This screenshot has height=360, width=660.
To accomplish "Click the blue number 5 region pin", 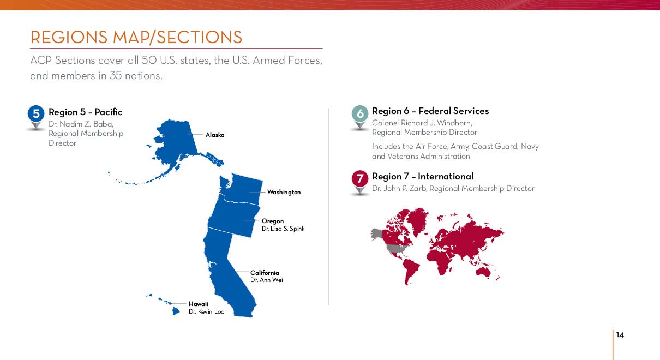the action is tap(36, 117).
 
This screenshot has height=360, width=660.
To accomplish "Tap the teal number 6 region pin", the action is tap(360, 117).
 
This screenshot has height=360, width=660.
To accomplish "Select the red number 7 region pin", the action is tap(360, 182).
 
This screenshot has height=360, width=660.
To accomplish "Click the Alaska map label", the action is tap(215, 135).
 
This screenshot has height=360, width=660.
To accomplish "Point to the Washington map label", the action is tap(284, 192).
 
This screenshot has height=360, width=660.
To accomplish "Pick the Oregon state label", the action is tap(273, 221).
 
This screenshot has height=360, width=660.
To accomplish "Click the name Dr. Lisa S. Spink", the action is tap(283, 229).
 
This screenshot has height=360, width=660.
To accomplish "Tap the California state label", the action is tap(265, 273).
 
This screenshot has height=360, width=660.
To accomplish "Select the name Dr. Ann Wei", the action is tap(266, 280).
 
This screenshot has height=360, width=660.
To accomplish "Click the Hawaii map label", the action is tap(199, 304).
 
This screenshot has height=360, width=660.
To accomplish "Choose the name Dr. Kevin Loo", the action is tap(206, 311).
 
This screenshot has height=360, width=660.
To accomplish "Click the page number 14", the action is tap(620, 335).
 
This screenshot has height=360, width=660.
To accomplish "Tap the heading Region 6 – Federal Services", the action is tap(430, 111).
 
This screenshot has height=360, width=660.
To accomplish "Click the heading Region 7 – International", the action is tap(423, 177).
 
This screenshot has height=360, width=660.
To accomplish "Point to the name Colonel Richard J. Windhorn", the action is tap(422, 123).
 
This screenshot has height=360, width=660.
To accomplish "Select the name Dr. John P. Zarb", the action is tap(399, 188).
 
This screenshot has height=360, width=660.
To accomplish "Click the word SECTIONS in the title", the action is tap(199, 38).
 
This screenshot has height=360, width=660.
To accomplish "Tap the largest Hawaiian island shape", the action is tap(176, 311).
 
